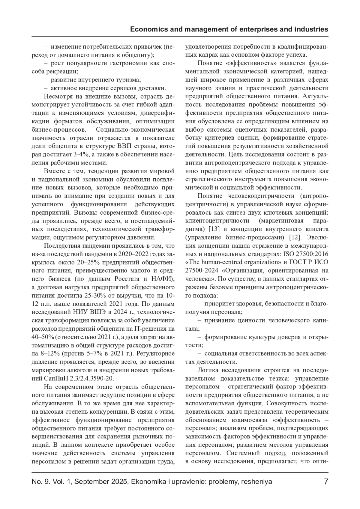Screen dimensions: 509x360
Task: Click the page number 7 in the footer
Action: pos(326,481)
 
